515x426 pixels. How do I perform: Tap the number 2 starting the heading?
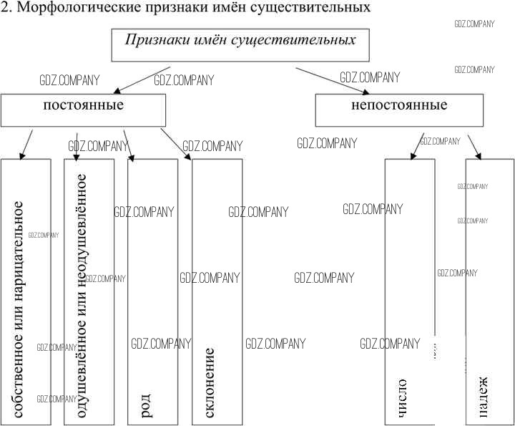pos(5,9)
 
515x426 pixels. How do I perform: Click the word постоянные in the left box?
pos(84,105)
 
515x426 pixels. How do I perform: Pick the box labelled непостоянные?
pos(399,105)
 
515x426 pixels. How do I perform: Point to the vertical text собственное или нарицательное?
pos(20,308)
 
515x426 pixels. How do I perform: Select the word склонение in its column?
pos(210,383)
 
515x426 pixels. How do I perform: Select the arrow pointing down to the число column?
pos(417,146)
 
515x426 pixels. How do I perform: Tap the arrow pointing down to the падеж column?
pos(474,146)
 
